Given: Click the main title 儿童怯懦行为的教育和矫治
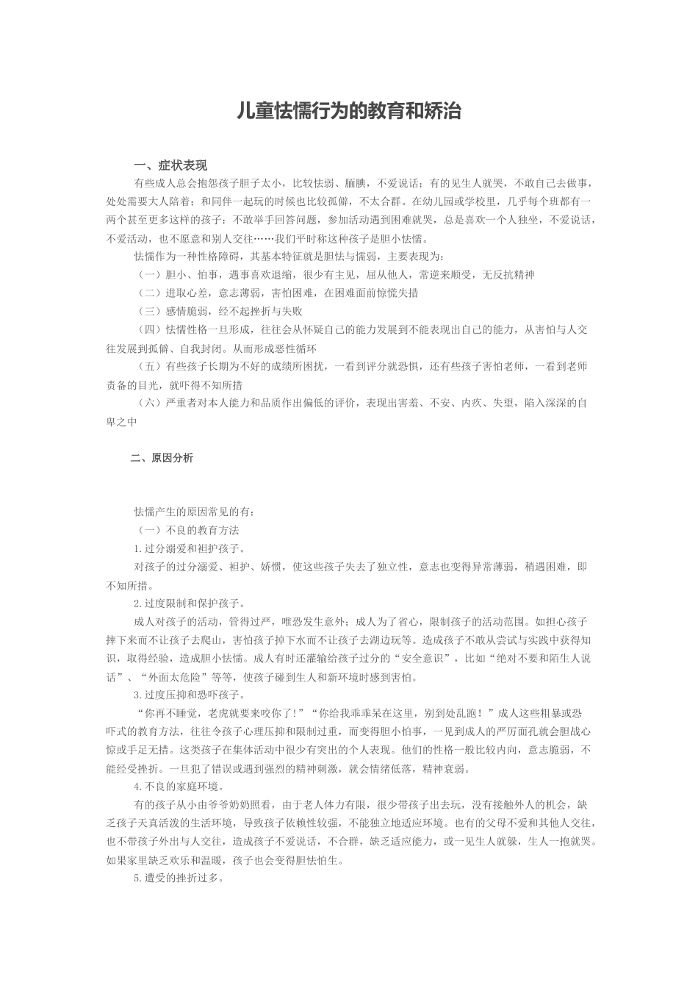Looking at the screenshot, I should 349,112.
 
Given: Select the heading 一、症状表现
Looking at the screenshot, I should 170,165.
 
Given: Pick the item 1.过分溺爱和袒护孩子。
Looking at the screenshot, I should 190,548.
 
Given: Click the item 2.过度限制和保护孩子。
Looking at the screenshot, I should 190,604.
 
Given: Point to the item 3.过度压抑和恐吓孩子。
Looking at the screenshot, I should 190,695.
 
